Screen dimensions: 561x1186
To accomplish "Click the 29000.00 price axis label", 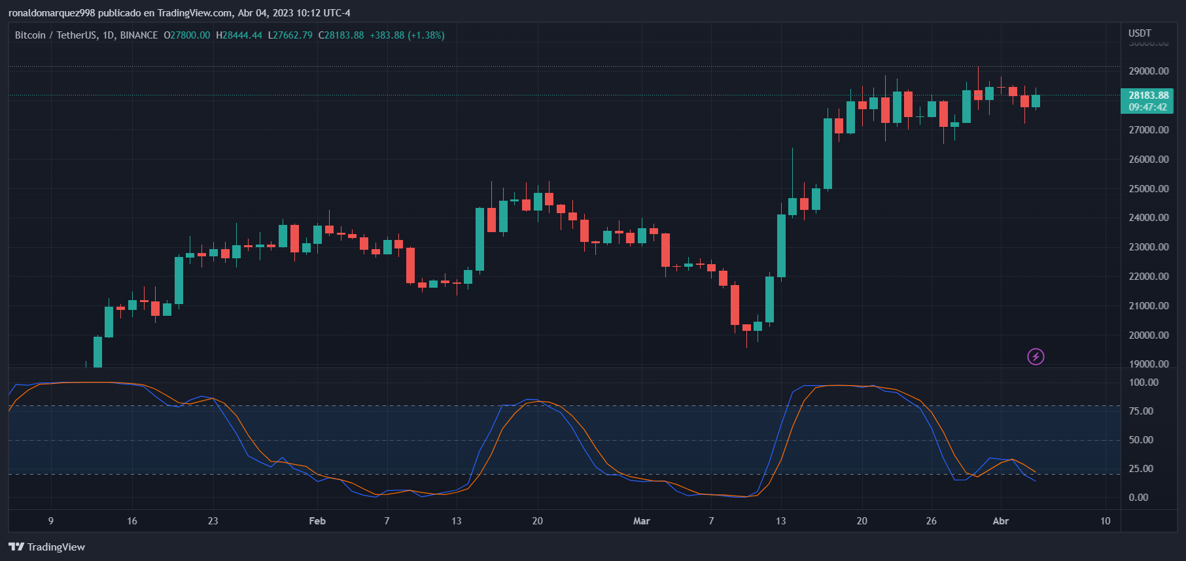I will point(1148,71).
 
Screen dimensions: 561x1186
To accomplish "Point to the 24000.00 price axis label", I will point(1148,218).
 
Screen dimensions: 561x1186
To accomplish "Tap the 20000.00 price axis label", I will point(1148,335).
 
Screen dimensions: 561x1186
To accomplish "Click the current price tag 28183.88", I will point(1148,95).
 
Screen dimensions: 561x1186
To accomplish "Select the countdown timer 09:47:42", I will point(1147,107).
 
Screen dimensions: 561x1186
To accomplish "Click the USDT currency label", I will point(1140,33).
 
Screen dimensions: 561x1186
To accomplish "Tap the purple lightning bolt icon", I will point(1036,356).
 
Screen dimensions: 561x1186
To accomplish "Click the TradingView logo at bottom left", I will point(47,547).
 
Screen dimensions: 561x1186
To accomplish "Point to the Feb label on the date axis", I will point(317,521).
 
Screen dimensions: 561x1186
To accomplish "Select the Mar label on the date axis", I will point(642,521).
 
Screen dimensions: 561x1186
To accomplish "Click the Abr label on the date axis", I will point(1001,521).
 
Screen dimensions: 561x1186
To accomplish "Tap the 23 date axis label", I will point(213,521).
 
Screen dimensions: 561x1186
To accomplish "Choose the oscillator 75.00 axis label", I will point(1141,411).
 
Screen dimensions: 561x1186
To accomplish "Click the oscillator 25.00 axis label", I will point(1141,469).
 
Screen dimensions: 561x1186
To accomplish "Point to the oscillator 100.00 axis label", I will point(1143,382).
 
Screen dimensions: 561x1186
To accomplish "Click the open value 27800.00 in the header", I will point(190,35).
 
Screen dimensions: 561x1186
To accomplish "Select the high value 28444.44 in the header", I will point(242,35).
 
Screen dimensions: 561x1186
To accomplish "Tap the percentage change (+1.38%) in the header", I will point(426,35).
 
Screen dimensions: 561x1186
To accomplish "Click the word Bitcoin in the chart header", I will point(30,35).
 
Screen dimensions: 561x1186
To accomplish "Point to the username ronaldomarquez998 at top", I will point(52,13).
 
